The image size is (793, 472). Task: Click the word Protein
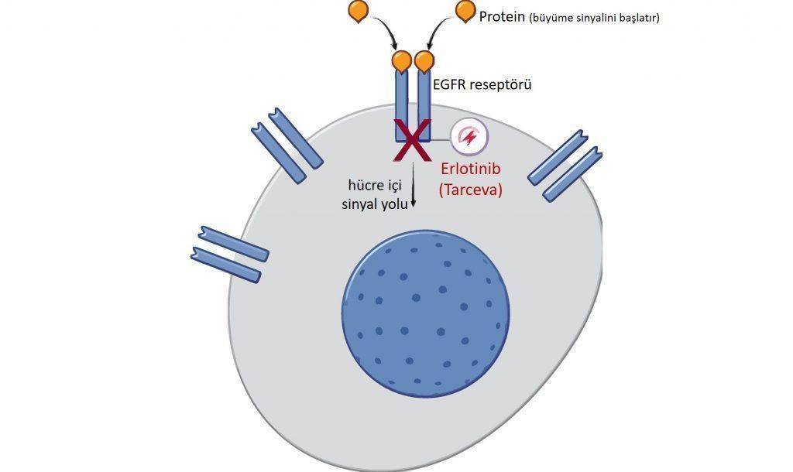tap(502, 17)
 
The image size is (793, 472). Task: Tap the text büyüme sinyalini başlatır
tap(594, 19)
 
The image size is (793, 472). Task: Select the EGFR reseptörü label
tap(482, 84)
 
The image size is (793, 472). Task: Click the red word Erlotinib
tap(471, 168)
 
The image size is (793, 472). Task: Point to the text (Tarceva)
tap(471, 190)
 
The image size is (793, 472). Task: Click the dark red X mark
tap(412, 140)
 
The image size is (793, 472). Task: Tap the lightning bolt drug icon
tap(469, 136)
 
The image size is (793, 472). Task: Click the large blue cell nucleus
tap(426, 313)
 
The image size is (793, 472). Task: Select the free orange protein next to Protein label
tap(465, 11)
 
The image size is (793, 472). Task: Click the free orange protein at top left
tap(359, 11)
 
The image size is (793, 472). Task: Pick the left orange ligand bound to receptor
tap(402, 60)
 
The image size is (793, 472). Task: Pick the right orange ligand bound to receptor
tap(424, 60)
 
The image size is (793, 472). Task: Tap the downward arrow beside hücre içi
tap(414, 184)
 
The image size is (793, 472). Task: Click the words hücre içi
tap(375, 186)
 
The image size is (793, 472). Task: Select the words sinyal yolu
tap(375, 205)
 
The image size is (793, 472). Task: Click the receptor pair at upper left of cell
tap(287, 145)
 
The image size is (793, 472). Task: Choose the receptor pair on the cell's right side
tap(565, 166)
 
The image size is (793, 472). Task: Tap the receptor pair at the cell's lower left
tap(229, 254)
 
